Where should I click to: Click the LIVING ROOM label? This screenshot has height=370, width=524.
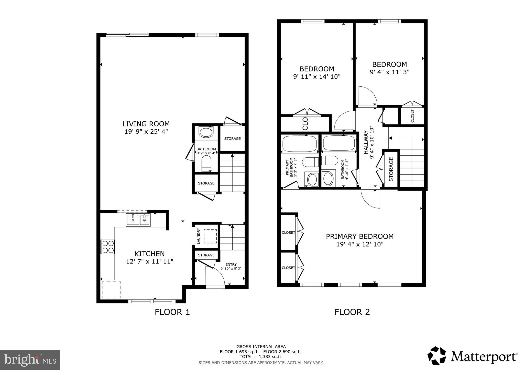click(146, 124)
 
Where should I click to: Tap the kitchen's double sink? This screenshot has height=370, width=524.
click(138, 220)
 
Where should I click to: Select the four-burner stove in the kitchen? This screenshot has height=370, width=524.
click(108, 247)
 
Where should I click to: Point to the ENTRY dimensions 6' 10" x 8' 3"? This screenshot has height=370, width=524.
click(231, 269)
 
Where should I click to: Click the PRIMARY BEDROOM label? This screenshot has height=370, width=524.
click(359, 236)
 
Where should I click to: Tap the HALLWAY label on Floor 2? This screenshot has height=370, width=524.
click(366, 143)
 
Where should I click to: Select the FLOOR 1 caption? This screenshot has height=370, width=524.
click(172, 312)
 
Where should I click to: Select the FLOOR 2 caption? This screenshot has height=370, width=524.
click(352, 312)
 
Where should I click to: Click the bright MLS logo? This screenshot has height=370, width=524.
click(30, 360)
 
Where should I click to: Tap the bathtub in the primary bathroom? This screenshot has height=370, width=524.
click(299, 143)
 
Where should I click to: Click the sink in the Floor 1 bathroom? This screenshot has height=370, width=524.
click(206, 133)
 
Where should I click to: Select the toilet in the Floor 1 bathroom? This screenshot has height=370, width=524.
click(206, 164)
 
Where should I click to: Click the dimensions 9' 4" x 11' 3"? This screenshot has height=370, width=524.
click(389, 72)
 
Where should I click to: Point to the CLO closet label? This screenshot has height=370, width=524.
click(305, 124)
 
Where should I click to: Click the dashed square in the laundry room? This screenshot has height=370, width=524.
click(210, 236)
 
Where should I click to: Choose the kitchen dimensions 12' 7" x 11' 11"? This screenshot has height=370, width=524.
click(150, 262)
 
